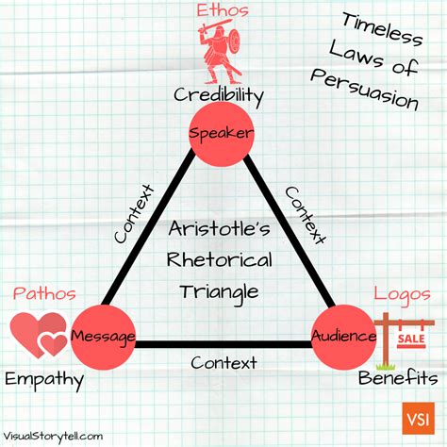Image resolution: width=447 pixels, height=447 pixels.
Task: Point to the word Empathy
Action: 43,380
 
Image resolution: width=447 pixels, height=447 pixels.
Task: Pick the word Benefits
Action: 397,380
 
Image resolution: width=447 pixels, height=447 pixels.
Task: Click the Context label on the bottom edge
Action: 223,361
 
